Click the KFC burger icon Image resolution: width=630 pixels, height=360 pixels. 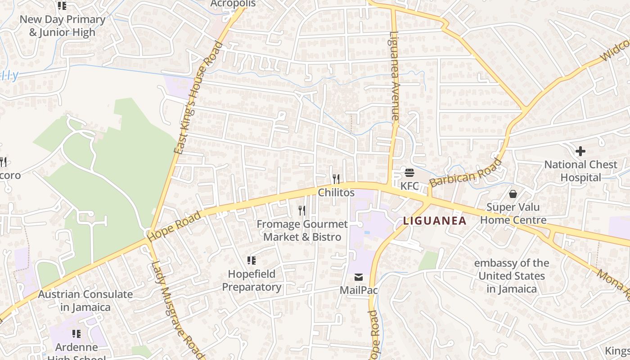(409, 172)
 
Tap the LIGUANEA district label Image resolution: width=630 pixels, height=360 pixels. (434, 221)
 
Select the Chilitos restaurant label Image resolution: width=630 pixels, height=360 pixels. (336, 193)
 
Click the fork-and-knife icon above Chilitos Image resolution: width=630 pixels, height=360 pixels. (336, 179)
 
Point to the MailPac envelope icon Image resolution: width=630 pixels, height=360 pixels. (359, 277)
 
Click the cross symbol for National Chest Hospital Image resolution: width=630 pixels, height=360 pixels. (580, 151)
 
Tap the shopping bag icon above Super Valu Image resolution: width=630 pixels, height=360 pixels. (513, 194)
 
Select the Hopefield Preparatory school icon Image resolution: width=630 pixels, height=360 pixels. (252, 261)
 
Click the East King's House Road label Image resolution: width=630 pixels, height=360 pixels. (198, 98)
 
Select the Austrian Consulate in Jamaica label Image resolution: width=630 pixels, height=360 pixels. (85, 301)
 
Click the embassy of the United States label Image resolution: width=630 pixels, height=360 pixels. (512, 276)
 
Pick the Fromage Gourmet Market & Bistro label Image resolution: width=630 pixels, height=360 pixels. (302, 230)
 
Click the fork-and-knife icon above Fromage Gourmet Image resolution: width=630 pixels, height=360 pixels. (302, 210)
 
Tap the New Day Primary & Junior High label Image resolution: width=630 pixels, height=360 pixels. (63, 26)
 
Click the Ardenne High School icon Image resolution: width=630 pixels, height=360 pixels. (76, 334)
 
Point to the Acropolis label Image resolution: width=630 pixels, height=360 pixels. (233, 4)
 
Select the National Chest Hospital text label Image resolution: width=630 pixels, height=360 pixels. (580, 171)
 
